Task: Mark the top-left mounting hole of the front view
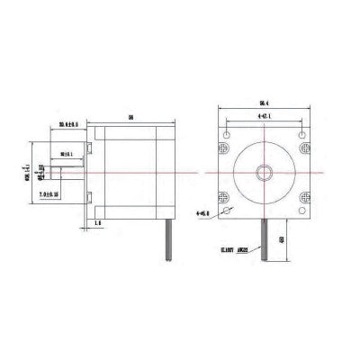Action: pyautogui.click(x=227, y=130)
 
